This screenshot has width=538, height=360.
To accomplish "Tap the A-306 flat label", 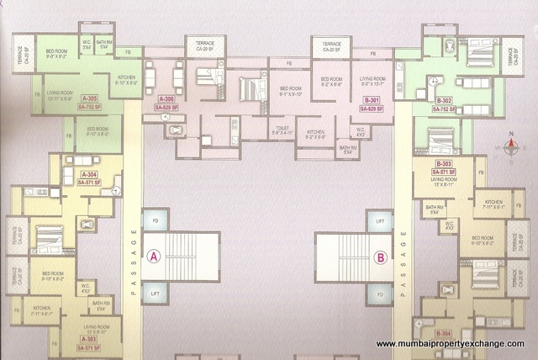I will (166, 100).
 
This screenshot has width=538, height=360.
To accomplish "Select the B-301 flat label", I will (372, 100).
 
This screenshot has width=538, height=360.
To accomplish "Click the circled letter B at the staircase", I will (381, 257).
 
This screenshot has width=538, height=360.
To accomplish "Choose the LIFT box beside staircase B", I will (380, 222).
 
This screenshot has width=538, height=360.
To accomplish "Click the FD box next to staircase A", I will (155, 222).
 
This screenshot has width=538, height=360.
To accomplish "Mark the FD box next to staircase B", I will (380, 294).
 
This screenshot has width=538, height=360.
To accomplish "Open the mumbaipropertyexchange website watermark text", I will (450, 344).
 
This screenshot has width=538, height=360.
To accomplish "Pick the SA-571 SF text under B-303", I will (443, 172).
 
